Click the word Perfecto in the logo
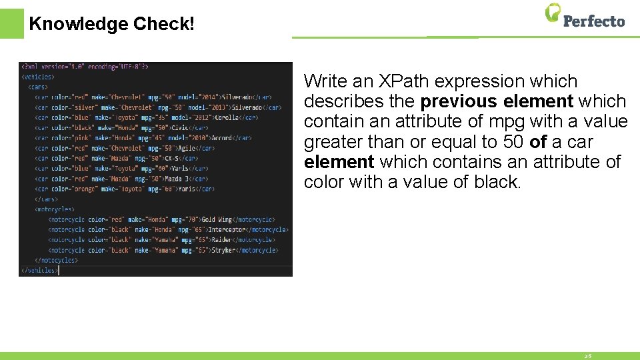tap(594, 21)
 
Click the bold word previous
tap(459, 101)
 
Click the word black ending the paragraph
tap(496, 182)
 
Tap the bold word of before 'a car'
tap(538, 142)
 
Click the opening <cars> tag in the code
tap(38, 87)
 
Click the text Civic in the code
tap(179, 127)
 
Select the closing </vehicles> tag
tap(39, 271)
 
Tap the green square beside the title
tap(11, 23)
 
